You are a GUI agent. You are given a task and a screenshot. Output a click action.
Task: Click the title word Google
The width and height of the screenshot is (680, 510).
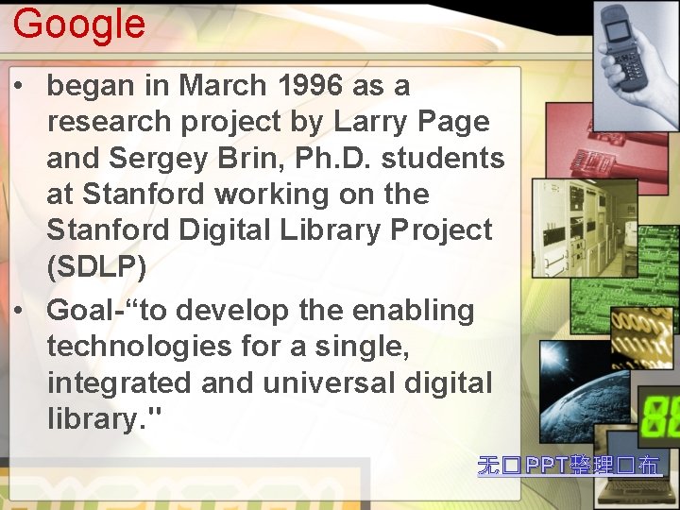79,24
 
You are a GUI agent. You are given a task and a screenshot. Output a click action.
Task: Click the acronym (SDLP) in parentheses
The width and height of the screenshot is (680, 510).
96,267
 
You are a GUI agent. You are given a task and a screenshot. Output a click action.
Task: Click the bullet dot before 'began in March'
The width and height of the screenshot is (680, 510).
19,87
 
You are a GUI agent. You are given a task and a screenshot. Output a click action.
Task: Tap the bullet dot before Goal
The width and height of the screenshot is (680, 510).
19,311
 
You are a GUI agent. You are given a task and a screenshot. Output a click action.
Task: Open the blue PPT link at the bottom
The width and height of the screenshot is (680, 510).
569,465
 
